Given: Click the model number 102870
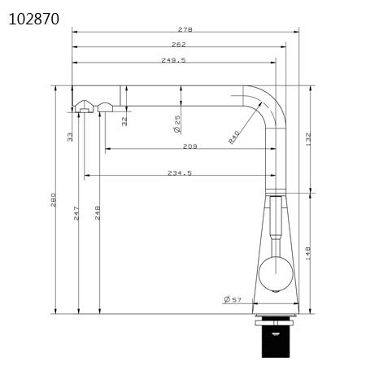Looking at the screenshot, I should point(34,18).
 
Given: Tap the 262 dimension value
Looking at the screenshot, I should point(180,45).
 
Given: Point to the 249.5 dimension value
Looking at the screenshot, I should point(174,59).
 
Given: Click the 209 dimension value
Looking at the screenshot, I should point(190,147).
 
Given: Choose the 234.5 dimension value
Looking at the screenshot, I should point(179,172).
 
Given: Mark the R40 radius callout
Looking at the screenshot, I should point(234,137).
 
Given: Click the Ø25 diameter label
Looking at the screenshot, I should point(176,124).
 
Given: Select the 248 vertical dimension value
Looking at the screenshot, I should point(98,213).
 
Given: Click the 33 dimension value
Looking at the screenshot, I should point(71,136).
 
